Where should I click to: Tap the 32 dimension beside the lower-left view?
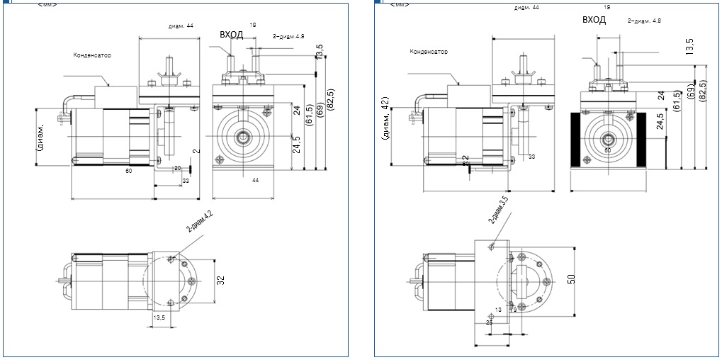click(x=220, y=280)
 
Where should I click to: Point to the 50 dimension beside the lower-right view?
click(x=572, y=278)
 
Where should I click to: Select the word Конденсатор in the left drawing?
click(x=92, y=55)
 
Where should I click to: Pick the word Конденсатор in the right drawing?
click(x=428, y=51)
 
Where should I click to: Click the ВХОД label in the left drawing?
click(x=231, y=34)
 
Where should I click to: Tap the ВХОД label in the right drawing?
click(x=594, y=20)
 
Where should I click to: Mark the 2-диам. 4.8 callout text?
click(x=644, y=21)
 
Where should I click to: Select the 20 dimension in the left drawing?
click(x=177, y=168)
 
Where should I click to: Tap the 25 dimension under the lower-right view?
click(x=489, y=322)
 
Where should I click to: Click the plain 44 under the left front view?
click(x=254, y=181)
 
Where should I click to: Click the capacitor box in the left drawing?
click(x=108, y=96)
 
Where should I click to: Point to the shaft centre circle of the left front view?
click(x=242, y=136)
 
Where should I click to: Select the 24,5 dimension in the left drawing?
click(x=297, y=142)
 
